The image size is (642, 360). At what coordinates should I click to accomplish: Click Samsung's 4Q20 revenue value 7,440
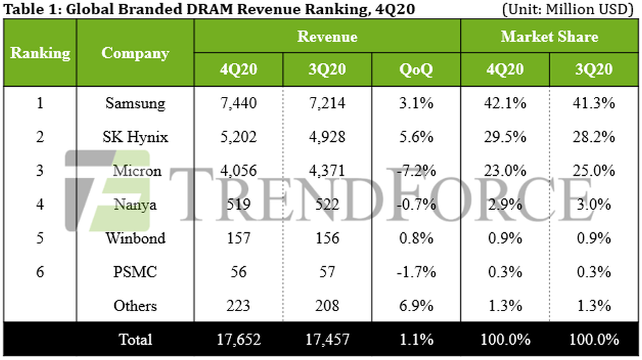point(238,103)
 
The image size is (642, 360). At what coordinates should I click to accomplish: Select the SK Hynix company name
point(135,137)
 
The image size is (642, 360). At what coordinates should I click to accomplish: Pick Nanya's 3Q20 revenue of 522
point(327,205)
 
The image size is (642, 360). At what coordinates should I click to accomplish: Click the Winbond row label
point(135,238)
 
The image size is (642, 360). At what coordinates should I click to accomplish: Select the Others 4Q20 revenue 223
point(238,306)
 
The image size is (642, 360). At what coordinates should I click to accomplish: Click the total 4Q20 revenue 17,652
point(238,339)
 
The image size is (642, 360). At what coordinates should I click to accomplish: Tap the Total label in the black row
point(135,339)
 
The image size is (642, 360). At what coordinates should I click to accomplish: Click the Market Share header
point(549,37)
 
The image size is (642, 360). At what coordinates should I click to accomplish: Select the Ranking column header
point(40,53)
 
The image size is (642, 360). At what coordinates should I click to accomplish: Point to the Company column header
point(135,53)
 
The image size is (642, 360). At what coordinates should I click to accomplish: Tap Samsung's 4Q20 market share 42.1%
point(505,103)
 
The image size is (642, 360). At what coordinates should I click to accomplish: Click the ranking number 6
point(40,272)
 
